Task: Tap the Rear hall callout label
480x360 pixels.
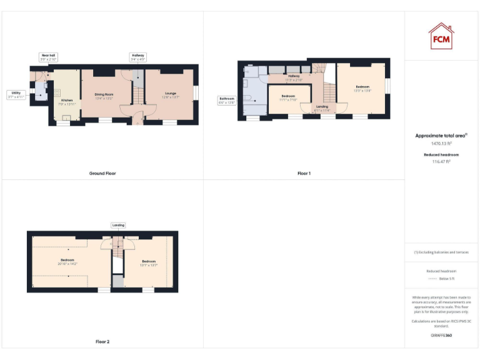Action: coord(48,57)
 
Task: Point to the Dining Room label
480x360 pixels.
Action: coord(104,96)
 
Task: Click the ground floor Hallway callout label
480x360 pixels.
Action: coord(138,57)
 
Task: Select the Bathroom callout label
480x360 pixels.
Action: coord(226,100)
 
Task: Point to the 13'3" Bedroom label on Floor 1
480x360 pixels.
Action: coord(363,88)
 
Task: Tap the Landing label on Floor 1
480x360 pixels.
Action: coord(322,108)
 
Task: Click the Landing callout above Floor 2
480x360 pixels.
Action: coord(118,225)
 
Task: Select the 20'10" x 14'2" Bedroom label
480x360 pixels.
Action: coord(67,261)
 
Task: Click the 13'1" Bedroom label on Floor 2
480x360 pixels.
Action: coord(149,262)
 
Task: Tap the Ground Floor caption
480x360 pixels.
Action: coord(102,173)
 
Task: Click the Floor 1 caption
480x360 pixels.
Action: coord(304,173)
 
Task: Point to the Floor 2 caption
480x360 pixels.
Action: coord(102,342)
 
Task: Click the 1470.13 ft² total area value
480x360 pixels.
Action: coord(442,144)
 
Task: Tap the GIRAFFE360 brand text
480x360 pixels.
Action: coord(442,336)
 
